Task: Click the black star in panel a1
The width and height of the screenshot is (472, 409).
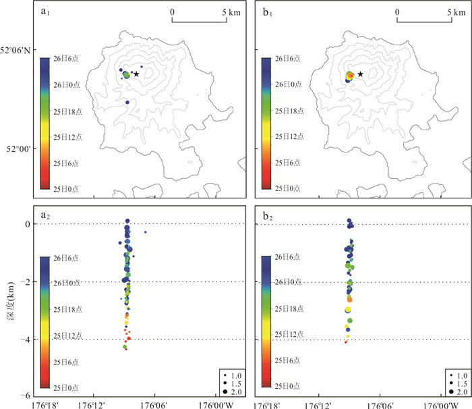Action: click(136, 74)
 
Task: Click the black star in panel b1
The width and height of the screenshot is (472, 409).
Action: click(361, 74)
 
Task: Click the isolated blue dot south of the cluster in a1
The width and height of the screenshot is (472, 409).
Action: click(127, 103)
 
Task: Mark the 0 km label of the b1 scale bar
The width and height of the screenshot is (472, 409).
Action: click(398, 11)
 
